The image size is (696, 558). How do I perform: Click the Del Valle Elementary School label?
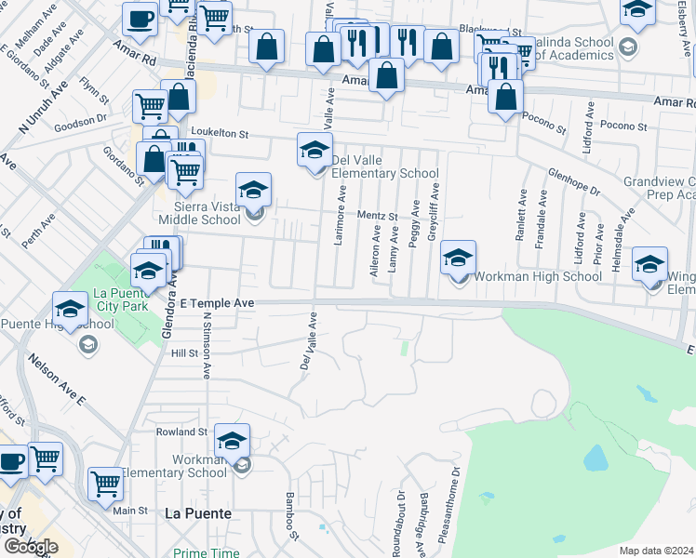coord(385,166)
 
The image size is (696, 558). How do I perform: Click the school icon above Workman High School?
coord(458,258)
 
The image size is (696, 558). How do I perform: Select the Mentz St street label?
coord(379,217)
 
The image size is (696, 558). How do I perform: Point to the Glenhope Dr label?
coord(574,181)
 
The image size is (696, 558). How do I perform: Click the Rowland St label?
coord(181,432)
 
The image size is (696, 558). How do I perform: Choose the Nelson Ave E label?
coord(56,379)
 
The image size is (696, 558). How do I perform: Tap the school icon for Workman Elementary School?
coord(233,441)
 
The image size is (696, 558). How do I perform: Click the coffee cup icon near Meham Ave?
coord(140,19)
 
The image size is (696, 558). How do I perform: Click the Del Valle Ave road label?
coord(308,339)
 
